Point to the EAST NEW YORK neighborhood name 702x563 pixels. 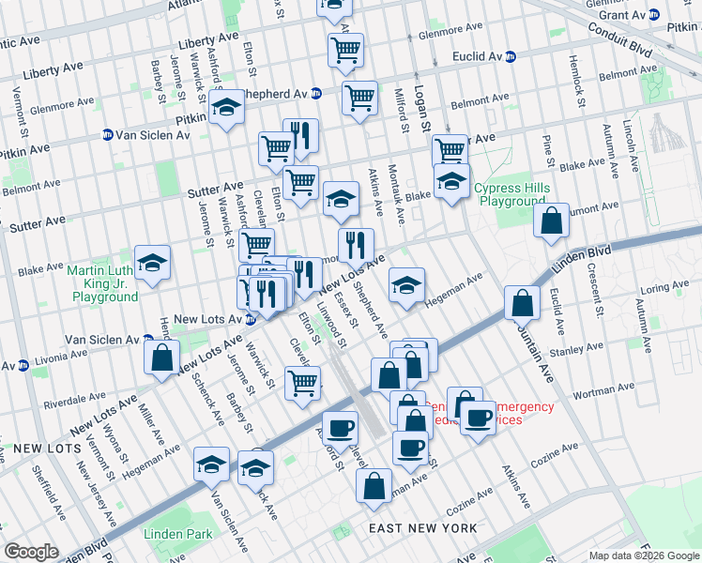point(422,528)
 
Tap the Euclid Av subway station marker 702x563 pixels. point(510,56)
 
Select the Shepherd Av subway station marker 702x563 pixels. point(316,94)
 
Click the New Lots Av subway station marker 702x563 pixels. point(250,319)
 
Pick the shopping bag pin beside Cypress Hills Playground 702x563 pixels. point(552,222)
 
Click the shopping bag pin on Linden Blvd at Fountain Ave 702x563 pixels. point(521,304)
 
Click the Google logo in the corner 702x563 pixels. point(31,552)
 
